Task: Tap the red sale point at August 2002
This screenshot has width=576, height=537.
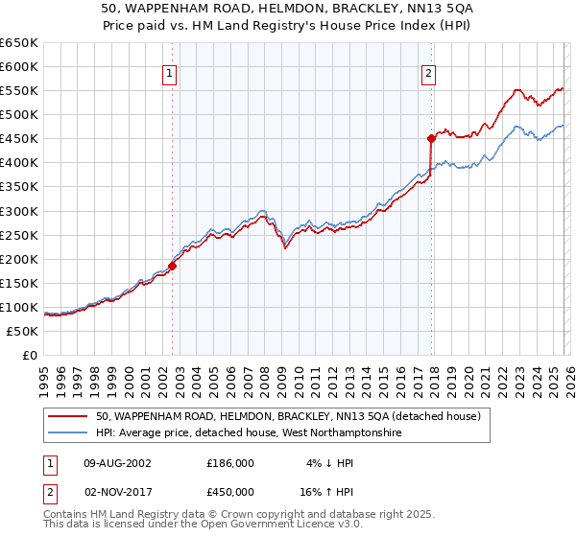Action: coord(172,266)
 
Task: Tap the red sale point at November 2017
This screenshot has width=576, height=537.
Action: coord(431,138)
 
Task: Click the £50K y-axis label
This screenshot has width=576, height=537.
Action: coord(23,331)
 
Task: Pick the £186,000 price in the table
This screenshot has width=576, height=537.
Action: coord(230,462)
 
